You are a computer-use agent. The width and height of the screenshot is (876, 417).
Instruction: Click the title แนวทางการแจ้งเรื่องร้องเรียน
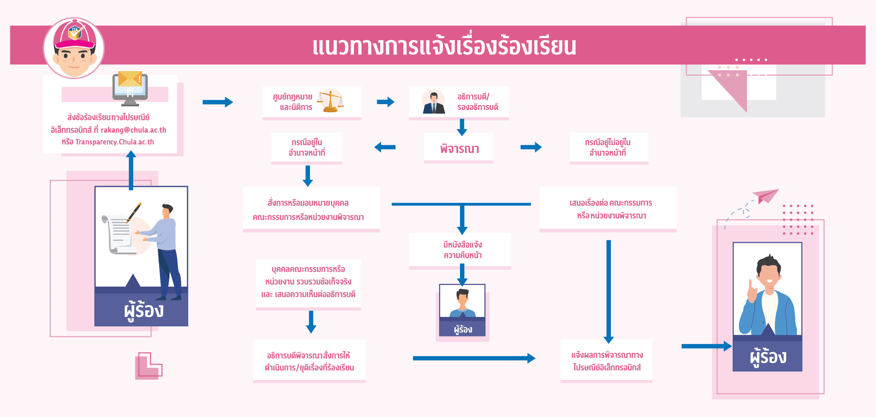[444, 47]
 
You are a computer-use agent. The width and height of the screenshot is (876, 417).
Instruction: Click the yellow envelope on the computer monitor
[130, 79]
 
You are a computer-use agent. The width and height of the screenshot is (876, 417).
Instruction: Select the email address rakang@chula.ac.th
[133, 130]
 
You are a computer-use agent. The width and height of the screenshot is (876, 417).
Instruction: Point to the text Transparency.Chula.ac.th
[115, 142]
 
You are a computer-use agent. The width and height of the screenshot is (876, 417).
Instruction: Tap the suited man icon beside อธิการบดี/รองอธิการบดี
[434, 102]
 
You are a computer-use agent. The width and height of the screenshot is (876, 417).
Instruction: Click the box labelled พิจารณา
[459, 149]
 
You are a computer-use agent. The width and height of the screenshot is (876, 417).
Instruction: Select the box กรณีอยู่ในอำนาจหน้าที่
[306, 148]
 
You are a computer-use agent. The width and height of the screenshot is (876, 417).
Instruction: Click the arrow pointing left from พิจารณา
[385, 147]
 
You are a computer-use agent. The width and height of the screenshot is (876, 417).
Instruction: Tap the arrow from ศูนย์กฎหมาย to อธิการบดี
[385, 102]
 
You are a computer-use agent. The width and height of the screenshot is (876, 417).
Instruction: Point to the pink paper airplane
[767, 196]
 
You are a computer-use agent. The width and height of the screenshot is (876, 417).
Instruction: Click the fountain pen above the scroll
[134, 212]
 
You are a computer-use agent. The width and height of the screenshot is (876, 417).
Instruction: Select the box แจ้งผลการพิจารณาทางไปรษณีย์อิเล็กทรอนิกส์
[606, 361]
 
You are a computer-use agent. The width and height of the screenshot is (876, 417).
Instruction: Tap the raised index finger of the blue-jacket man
[751, 285]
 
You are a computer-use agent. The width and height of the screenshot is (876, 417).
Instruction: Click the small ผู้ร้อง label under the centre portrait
[463, 329]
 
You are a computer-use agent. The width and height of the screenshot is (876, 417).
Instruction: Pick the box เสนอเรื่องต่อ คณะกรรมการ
[608, 209]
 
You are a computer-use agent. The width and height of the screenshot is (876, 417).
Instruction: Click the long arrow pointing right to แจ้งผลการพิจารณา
[474, 359]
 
